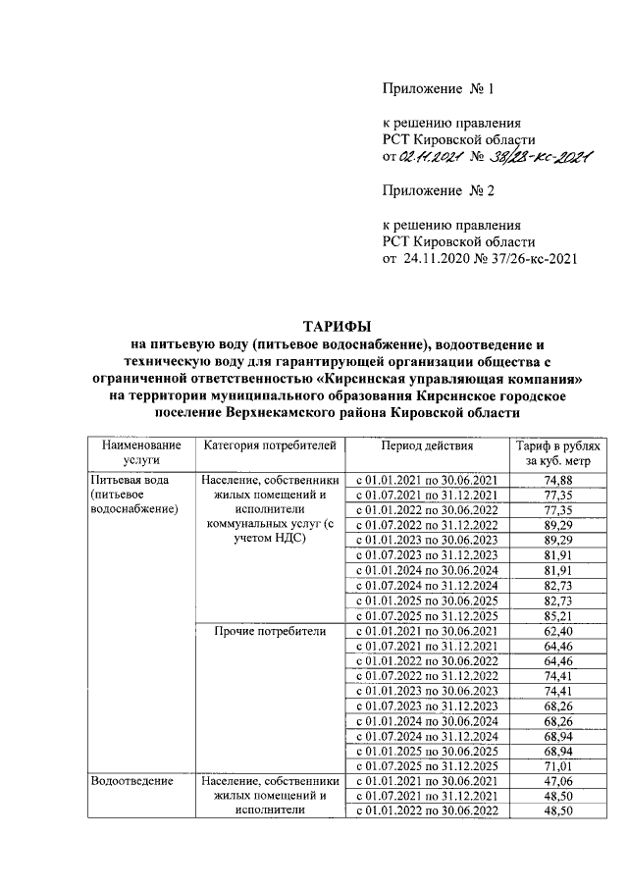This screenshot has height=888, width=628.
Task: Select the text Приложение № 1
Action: (x=436, y=89)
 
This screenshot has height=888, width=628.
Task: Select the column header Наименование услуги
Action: (x=136, y=452)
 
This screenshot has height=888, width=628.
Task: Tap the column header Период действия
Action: (x=427, y=445)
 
